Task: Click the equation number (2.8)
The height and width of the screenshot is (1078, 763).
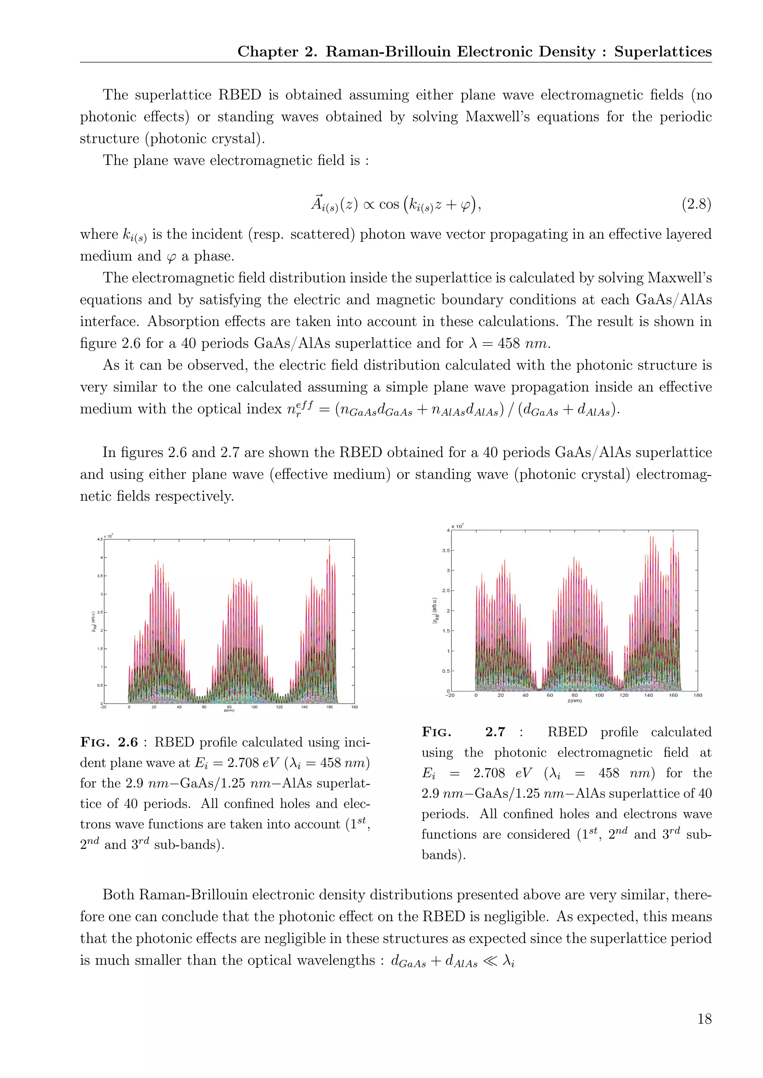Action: coord(696,204)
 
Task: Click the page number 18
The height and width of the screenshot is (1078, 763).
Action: coord(704,1018)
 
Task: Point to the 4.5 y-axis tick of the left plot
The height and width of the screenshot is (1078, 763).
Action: coord(99,539)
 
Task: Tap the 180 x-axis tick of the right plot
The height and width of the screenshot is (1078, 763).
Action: coord(698,695)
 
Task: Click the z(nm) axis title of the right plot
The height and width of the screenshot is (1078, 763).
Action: coord(574,701)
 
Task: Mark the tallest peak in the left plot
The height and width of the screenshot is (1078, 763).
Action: coord(329,546)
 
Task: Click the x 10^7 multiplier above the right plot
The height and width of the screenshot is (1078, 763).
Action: coord(457,526)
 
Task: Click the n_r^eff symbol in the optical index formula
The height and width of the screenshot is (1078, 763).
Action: coord(299,409)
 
